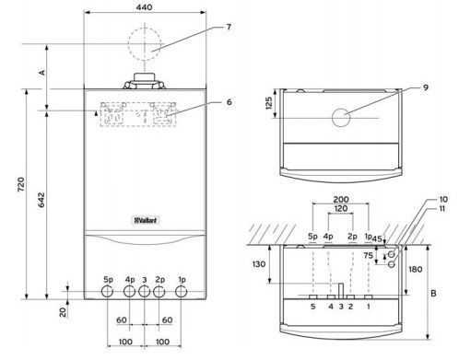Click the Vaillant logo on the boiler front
147,220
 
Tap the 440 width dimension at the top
145,6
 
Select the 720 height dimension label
21,184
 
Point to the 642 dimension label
41,200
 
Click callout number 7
229,27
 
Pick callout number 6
229,102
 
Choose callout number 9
426,87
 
